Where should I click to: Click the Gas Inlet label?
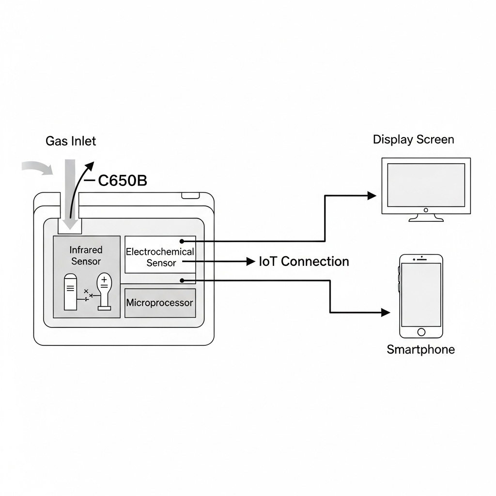click(71, 141)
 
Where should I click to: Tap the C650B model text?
click(122, 181)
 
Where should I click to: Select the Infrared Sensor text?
click(86, 256)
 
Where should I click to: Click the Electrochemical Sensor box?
click(160, 255)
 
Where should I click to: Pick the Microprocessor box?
click(160, 303)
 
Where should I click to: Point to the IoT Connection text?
click(304, 262)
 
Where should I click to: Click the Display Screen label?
click(413, 140)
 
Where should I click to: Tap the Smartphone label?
click(420, 349)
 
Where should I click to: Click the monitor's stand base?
click(426, 219)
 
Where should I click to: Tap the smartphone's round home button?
click(421, 332)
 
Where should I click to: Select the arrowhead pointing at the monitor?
click(372, 196)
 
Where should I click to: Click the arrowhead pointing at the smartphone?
click(386, 312)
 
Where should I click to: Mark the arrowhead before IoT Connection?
click(250, 262)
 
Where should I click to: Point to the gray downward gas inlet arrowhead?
click(70, 224)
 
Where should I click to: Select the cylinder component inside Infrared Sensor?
click(71, 292)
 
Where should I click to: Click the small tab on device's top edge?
click(190, 196)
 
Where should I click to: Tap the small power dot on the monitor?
click(426, 210)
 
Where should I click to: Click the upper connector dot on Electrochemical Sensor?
click(181, 241)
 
